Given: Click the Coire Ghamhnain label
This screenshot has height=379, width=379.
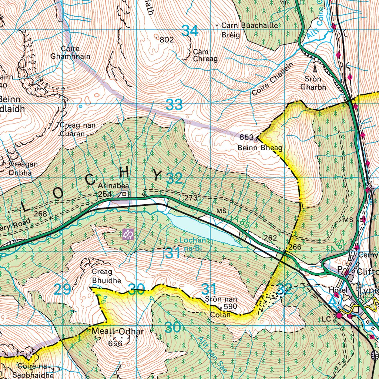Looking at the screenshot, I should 76,53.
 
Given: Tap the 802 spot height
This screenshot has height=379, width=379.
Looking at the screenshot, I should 167,40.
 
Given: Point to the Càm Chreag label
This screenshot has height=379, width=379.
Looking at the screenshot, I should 205,56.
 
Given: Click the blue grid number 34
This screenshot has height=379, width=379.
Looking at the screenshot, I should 190,31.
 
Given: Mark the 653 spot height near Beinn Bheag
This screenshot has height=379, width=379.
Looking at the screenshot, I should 246,137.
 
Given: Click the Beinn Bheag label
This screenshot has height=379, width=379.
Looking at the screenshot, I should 260,148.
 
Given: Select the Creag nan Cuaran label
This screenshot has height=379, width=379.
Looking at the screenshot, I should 77,130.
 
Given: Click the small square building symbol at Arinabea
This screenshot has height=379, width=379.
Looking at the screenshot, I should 125,194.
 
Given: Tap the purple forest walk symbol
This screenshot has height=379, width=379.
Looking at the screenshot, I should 128,234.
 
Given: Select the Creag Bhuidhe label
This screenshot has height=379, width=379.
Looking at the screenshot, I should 106,276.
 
